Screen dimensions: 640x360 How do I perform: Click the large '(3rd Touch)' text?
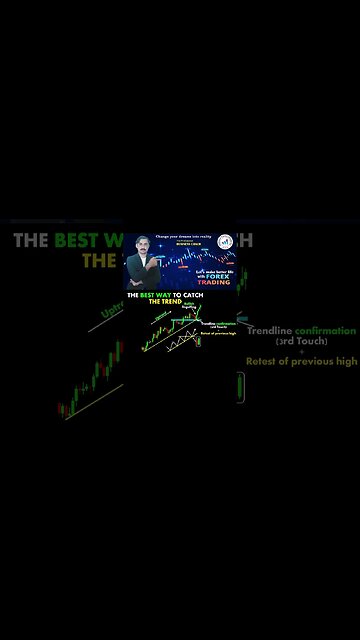pyautogui.click(x=302, y=342)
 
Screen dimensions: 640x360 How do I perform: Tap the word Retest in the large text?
pyautogui.click(x=267, y=362)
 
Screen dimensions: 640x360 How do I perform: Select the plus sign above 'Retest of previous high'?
pyautogui.click(x=302, y=352)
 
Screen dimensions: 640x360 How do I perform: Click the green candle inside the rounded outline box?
pyautogui.click(x=241, y=386)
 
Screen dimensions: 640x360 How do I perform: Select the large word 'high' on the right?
pyautogui.click(x=345, y=362)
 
